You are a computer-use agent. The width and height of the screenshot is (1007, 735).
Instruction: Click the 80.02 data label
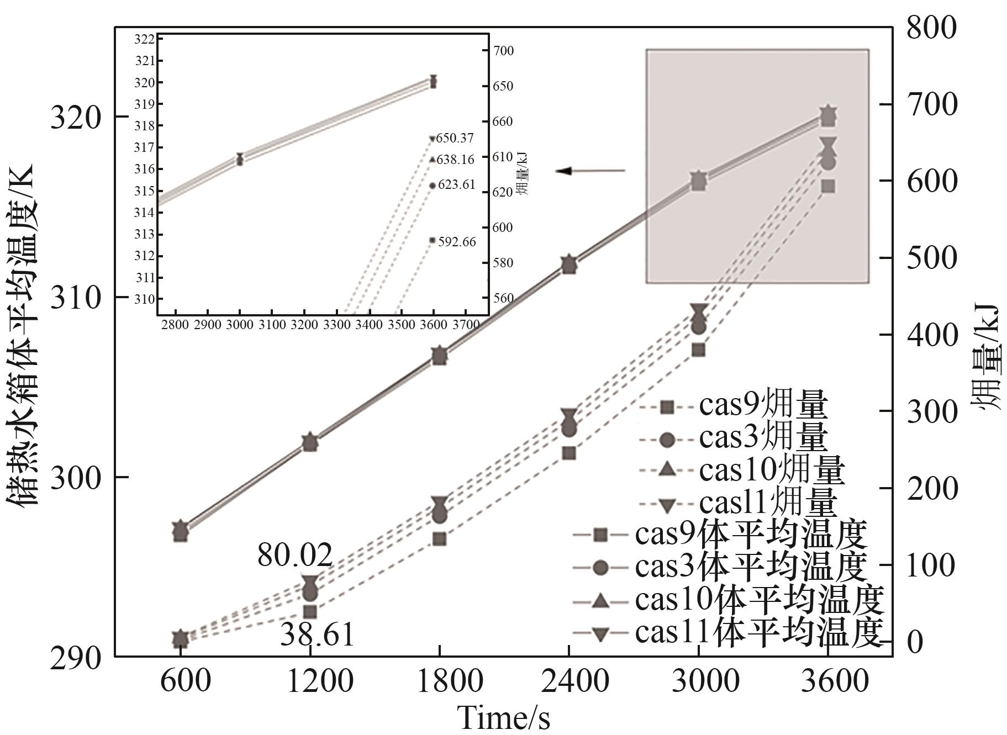click(295, 555)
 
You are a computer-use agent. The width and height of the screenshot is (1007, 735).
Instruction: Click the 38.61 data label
click(317, 634)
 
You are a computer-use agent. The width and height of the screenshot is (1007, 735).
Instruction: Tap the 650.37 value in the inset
click(455, 138)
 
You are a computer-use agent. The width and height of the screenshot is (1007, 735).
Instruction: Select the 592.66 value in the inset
click(457, 242)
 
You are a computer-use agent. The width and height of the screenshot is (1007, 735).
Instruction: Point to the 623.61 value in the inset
click(456, 184)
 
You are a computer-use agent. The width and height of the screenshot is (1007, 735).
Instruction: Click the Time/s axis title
click(504, 718)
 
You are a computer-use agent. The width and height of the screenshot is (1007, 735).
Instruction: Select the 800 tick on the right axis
click(931, 28)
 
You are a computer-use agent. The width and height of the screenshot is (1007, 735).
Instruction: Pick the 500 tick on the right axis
click(931, 258)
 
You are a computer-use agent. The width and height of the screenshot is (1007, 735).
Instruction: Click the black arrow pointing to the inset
click(590, 171)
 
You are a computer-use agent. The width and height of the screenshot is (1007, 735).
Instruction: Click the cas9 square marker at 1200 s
click(310, 612)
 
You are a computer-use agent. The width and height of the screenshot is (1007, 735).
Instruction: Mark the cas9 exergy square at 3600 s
click(828, 186)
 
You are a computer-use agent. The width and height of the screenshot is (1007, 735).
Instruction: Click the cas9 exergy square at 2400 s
click(570, 453)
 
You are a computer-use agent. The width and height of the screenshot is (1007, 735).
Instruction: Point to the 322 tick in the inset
click(144, 39)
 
